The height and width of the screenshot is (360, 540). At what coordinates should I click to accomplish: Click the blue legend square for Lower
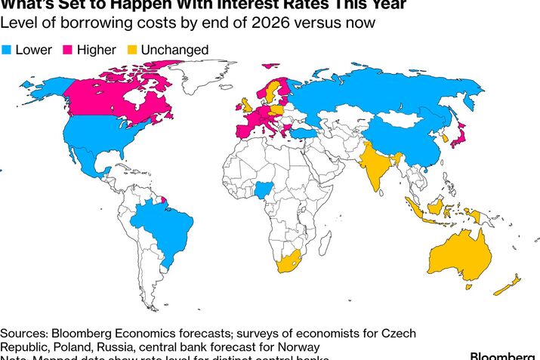pyautogui.click(x=6, y=50)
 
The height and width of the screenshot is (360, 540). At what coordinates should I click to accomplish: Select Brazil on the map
pyautogui.click(x=162, y=226)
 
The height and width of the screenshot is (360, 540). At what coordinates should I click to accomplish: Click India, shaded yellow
pyautogui.click(x=375, y=166)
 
